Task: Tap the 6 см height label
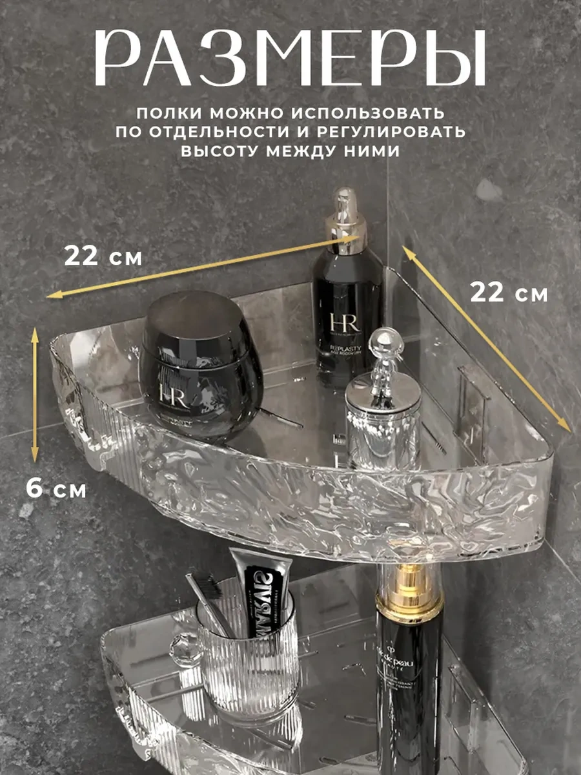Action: coord(56,488)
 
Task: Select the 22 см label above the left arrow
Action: coord(103,257)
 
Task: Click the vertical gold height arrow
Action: coord(35,394)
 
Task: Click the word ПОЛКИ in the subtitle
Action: coord(167,113)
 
